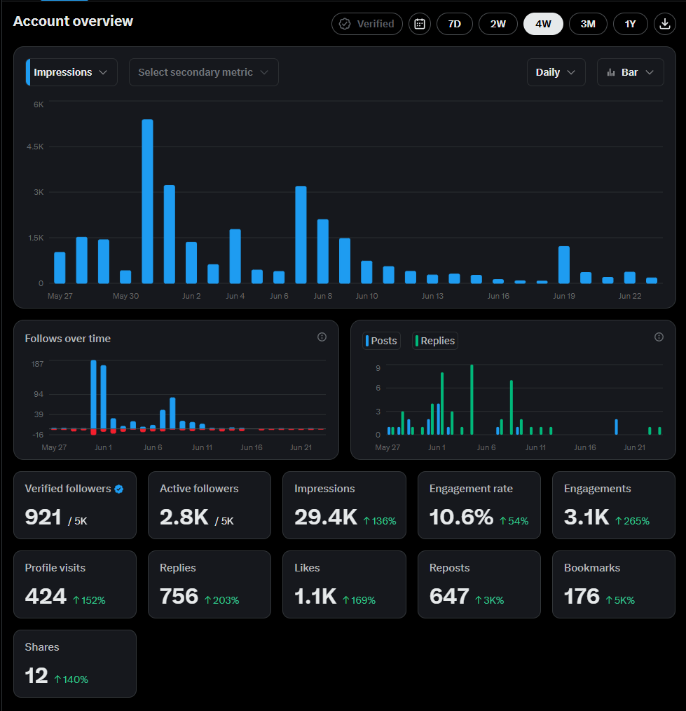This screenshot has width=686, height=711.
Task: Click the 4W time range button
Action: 543,24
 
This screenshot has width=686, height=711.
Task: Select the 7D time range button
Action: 455,24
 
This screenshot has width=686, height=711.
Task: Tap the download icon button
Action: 665,24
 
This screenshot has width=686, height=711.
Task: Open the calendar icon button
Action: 420,24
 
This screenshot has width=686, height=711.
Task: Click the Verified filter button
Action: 367,24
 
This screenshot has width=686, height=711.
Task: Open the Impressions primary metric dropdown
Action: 71,72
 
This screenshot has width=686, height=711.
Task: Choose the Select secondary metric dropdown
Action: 203,72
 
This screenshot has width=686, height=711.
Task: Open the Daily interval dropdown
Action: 556,72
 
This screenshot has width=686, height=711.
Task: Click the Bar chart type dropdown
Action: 630,72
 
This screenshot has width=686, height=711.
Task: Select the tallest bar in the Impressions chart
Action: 147,201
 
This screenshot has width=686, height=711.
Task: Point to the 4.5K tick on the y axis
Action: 35,147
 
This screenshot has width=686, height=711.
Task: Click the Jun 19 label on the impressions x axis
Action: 563,296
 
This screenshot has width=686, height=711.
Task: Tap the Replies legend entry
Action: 435,341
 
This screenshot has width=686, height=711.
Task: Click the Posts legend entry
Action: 381,341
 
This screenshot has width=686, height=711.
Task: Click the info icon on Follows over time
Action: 322,337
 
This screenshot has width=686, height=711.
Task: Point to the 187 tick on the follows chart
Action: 38,364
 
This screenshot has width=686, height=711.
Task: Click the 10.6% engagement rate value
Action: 461,517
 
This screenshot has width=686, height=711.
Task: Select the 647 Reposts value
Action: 449,596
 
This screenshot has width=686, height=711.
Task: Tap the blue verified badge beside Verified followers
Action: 118,489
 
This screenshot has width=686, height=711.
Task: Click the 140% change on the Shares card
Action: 71,679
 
